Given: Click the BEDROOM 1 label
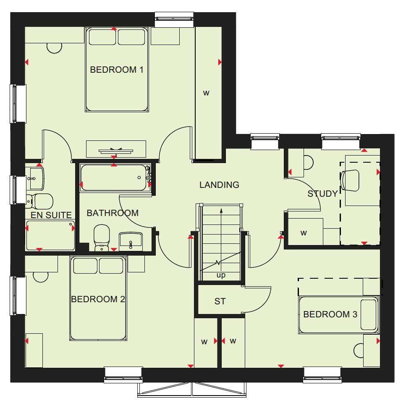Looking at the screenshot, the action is click(116, 70).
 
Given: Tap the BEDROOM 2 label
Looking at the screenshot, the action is click(98, 299).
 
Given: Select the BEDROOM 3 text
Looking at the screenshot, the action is click(330, 314).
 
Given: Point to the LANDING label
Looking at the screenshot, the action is click(219, 185).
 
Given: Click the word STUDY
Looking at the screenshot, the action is click(322, 193).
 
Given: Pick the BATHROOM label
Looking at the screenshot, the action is click(113, 213).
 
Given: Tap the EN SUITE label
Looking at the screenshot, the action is click(51, 215).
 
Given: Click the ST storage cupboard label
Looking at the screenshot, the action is click(220, 301).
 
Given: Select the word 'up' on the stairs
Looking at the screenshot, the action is click(221, 275).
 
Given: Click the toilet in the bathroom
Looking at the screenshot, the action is click(102, 237).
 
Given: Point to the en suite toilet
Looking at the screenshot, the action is click(39, 201).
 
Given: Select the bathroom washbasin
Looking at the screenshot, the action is click(131, 242).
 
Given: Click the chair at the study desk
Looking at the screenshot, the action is click(350, 180).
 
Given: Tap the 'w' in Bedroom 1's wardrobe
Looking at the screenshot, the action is click(206, 93).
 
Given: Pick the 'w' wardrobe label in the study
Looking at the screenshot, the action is click(304, 233).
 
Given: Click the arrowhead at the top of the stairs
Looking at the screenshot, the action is click(221, 211).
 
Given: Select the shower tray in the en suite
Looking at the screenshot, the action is click(50, 235).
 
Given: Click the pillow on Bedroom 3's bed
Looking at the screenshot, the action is click(369, 314).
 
